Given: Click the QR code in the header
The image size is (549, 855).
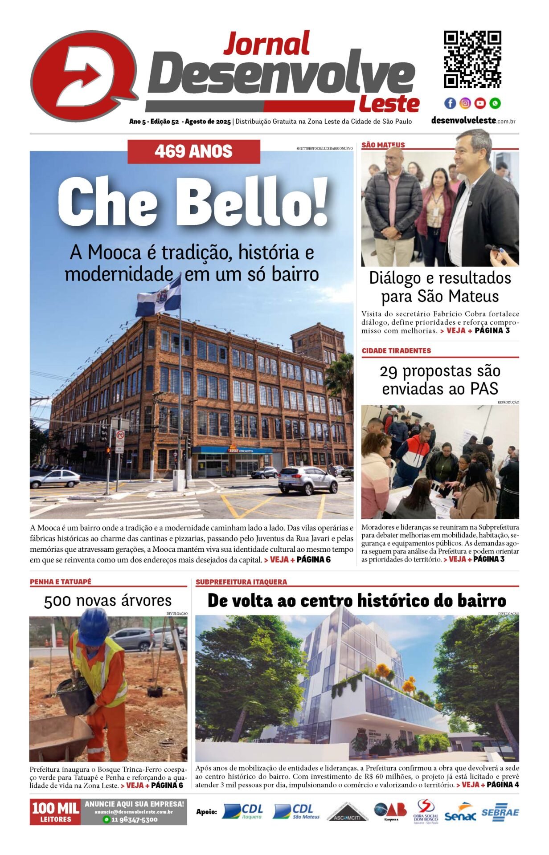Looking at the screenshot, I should point(472,59).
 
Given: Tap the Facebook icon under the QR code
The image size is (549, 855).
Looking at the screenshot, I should point(450,103).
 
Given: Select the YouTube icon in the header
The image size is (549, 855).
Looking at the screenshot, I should point(480,103).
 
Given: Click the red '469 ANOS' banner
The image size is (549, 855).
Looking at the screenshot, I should point(194,151).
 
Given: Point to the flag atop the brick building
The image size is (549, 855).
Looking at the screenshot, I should point(159,297).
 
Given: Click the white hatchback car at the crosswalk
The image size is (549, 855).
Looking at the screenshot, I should point(55,479).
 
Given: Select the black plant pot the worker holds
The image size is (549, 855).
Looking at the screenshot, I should point(75,695).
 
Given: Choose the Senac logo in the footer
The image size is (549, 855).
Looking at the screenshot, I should point(460,813).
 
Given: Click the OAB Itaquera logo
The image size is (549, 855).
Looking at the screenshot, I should point(390,811).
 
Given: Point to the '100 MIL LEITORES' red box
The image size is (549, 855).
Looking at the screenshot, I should point(55,812).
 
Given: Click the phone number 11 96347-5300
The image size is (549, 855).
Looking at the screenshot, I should point(134,819).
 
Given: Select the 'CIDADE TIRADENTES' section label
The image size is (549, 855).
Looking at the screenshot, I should point(396,350).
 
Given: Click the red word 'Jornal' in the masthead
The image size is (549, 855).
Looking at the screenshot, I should point(266,44).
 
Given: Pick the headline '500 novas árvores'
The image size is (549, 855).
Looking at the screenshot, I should point(108,601).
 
